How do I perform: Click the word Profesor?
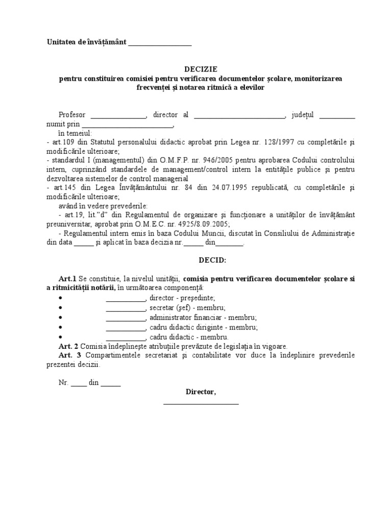pyautogui.click(x=72, y=115)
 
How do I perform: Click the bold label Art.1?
pyautogui.click(x=67, y=279)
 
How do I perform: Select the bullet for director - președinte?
pyautogui.click(x=61, y=298)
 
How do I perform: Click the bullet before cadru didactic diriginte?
pyautogui.click(x=61, y=327)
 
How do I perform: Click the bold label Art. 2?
pyautogui.click(x=69, y=346)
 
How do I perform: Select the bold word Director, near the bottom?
pyautogui.click(x=201, y=392)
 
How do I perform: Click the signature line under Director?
pyautogui.click(x=201, y=404)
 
